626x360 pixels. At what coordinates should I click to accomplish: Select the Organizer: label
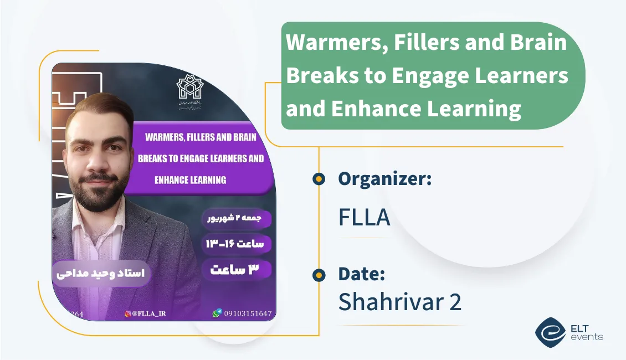point(385,179)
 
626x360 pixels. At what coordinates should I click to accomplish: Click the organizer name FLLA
point(364,218)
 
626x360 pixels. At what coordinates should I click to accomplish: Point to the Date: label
point(362,274)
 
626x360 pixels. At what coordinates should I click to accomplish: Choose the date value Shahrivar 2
point(399,302)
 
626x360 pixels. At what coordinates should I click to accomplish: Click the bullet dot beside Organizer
point(319,179)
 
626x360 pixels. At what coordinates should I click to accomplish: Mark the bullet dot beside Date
point(319,274)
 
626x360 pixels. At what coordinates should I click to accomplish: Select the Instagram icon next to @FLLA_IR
point(128,313)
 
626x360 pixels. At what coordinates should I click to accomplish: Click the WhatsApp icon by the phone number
point(217,313)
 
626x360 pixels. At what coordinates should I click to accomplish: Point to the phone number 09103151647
point(248,313)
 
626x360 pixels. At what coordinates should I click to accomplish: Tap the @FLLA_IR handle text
point(149,313)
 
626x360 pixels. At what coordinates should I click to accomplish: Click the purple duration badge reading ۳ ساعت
point(237,270)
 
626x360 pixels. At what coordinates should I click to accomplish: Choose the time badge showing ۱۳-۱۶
point(237,244)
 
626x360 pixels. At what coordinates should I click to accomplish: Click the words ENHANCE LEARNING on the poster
point(190,179)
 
